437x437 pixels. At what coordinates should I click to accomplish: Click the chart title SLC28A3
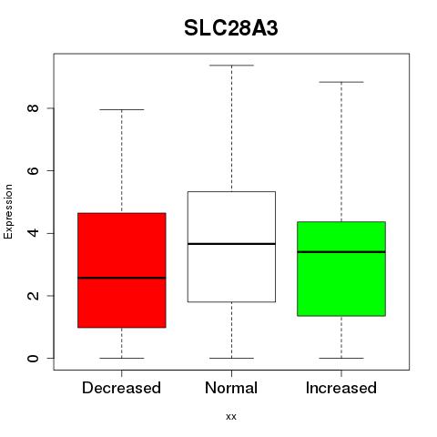coord(231,28)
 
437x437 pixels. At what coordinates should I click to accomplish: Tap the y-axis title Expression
coord(8,211)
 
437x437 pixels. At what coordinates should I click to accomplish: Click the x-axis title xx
coord(231,417)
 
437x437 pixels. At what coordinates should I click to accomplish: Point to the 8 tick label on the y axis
coord(33,108)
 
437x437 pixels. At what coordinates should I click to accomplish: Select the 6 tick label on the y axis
coord(33,170)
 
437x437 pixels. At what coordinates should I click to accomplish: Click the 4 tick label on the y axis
coord(33,233)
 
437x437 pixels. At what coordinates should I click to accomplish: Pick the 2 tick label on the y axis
coord(33,296)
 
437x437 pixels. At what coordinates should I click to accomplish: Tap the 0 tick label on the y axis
coord(33,358)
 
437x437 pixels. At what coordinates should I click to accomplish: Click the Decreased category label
coord(121,388)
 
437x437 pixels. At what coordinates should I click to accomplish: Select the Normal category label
coord(231,388)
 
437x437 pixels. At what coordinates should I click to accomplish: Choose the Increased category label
coord(341,388)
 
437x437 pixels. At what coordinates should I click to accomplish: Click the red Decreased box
coord(122,270)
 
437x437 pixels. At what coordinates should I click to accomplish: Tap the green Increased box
coord(341,269)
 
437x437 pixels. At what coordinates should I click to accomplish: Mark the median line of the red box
coord(122,278)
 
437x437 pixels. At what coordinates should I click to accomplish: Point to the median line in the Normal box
coord(231,244)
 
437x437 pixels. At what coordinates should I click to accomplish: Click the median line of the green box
coord(341,252)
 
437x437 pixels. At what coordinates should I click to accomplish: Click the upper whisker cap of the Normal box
coord(231,66)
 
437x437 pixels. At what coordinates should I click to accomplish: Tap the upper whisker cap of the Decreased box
coord(122,109)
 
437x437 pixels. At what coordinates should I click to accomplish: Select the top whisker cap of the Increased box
coord(341,82)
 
